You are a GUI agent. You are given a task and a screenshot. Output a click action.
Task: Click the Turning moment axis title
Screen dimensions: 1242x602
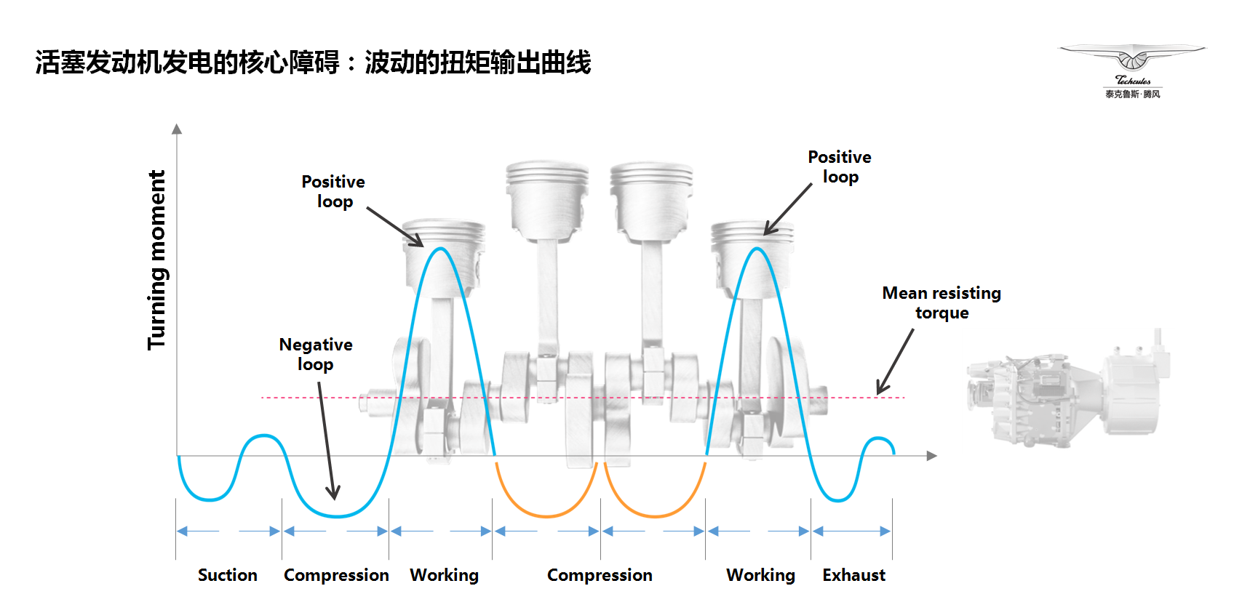[x=157, y=260]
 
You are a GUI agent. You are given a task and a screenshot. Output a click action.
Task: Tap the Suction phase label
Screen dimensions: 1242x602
[x=227, y=575]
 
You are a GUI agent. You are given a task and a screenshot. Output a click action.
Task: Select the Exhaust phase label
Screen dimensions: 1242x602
[x=854, y=575]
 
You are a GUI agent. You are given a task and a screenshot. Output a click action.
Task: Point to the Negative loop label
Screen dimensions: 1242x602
[x=316, y=355]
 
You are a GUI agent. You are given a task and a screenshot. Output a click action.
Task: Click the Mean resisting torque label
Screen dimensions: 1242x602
[x=942, y=302]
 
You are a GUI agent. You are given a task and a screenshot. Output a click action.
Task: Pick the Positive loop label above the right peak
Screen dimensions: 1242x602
[x=840, y=166]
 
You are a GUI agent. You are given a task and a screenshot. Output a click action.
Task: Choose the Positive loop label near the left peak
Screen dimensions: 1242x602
[x=333, y=192]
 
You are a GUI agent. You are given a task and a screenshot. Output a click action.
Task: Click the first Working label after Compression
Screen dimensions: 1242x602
[x=444, y=575]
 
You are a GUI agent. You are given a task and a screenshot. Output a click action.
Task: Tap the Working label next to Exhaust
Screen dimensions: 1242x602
[x=761, y=575]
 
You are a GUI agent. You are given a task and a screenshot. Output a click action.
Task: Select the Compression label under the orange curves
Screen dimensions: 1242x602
[x=600, y=575]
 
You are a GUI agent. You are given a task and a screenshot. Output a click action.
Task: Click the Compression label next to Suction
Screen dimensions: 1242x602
[x=336, y=575]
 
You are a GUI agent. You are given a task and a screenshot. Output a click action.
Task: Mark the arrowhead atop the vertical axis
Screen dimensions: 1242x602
[x=177, y=129]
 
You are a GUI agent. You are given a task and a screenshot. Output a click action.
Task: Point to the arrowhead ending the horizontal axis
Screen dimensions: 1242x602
[x=932, y=456]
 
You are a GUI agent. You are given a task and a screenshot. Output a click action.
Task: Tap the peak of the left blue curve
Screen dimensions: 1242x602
[x=441, y=249]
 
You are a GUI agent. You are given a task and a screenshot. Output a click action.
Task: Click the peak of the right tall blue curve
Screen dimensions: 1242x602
[x=757, y=249]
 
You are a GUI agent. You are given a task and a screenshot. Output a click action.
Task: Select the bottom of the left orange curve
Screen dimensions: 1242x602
[x=546, y=516]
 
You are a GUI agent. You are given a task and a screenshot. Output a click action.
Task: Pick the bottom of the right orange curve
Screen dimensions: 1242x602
[x=655, y=516]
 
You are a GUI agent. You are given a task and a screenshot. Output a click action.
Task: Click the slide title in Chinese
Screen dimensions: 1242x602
[x=314, y=62]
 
